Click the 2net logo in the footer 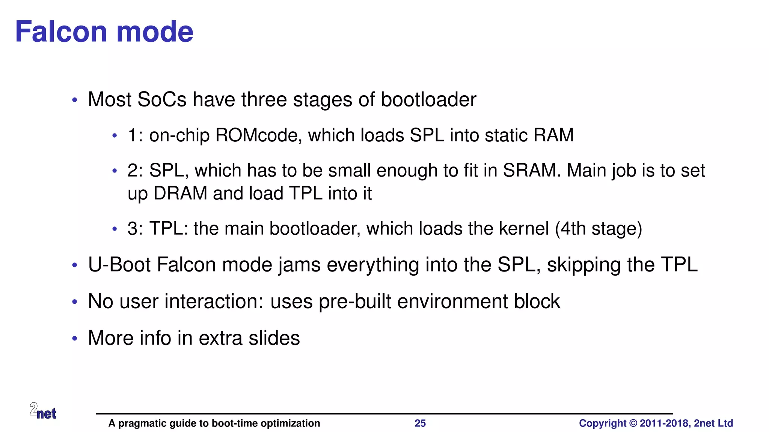click(x=43, y=411)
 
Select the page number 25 click(x=420, y=423)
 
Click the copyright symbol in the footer click(x=633, y=423)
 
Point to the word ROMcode click(x=258, y=135)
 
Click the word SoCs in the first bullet click(x=162, y=100)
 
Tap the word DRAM click(x=180, y=193)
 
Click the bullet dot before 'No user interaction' click(x=75, y=301)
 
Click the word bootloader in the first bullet click(x=428, y=100)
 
